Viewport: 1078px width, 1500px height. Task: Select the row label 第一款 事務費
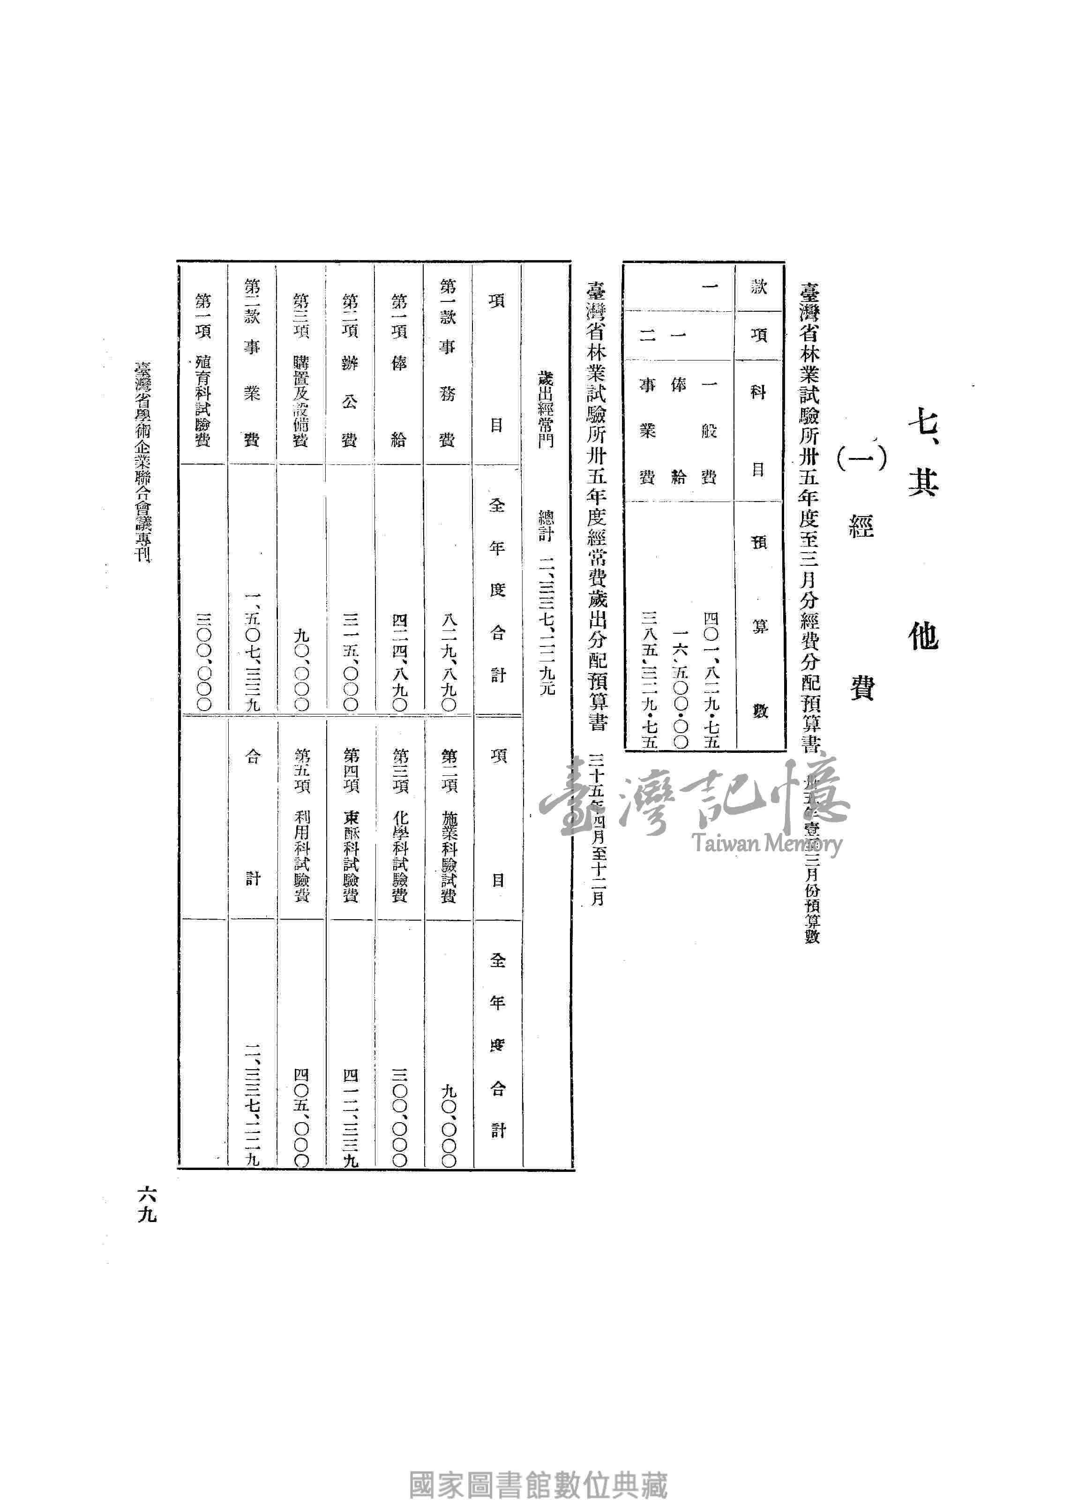[448, 363]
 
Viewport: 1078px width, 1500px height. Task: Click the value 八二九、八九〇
[448, 661]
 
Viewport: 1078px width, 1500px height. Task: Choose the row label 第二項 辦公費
[350, 370]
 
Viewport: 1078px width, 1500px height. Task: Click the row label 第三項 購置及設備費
[301, 370]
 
